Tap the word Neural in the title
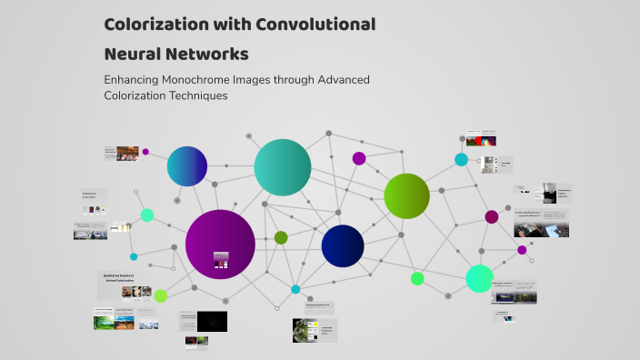(x=135, y=54)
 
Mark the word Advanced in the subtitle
(x=337, y=79)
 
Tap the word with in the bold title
(x=233, y=25)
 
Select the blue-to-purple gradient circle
(x=187, y=166)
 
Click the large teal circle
(x=283, y=167)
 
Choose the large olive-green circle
(x=406, y=195)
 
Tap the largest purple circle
(x=220, y=244)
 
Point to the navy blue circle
(x=343, y=245)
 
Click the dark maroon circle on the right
(x=492, y=216)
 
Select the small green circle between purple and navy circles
(x=281, y=237)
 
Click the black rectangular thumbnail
(x=212, y=321)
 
